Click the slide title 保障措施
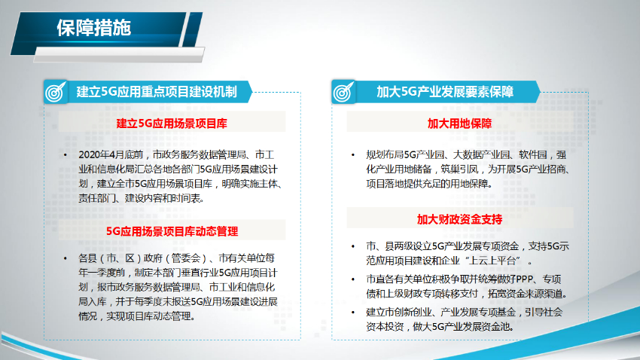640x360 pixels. [x=94, y=28]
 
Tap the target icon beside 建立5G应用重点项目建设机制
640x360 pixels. [x=54, y=93]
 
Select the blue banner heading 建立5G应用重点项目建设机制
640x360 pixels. [x=157, y=93]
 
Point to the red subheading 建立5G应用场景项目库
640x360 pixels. [x=172, y=122]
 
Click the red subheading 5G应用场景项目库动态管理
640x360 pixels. [x=172, y=230]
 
